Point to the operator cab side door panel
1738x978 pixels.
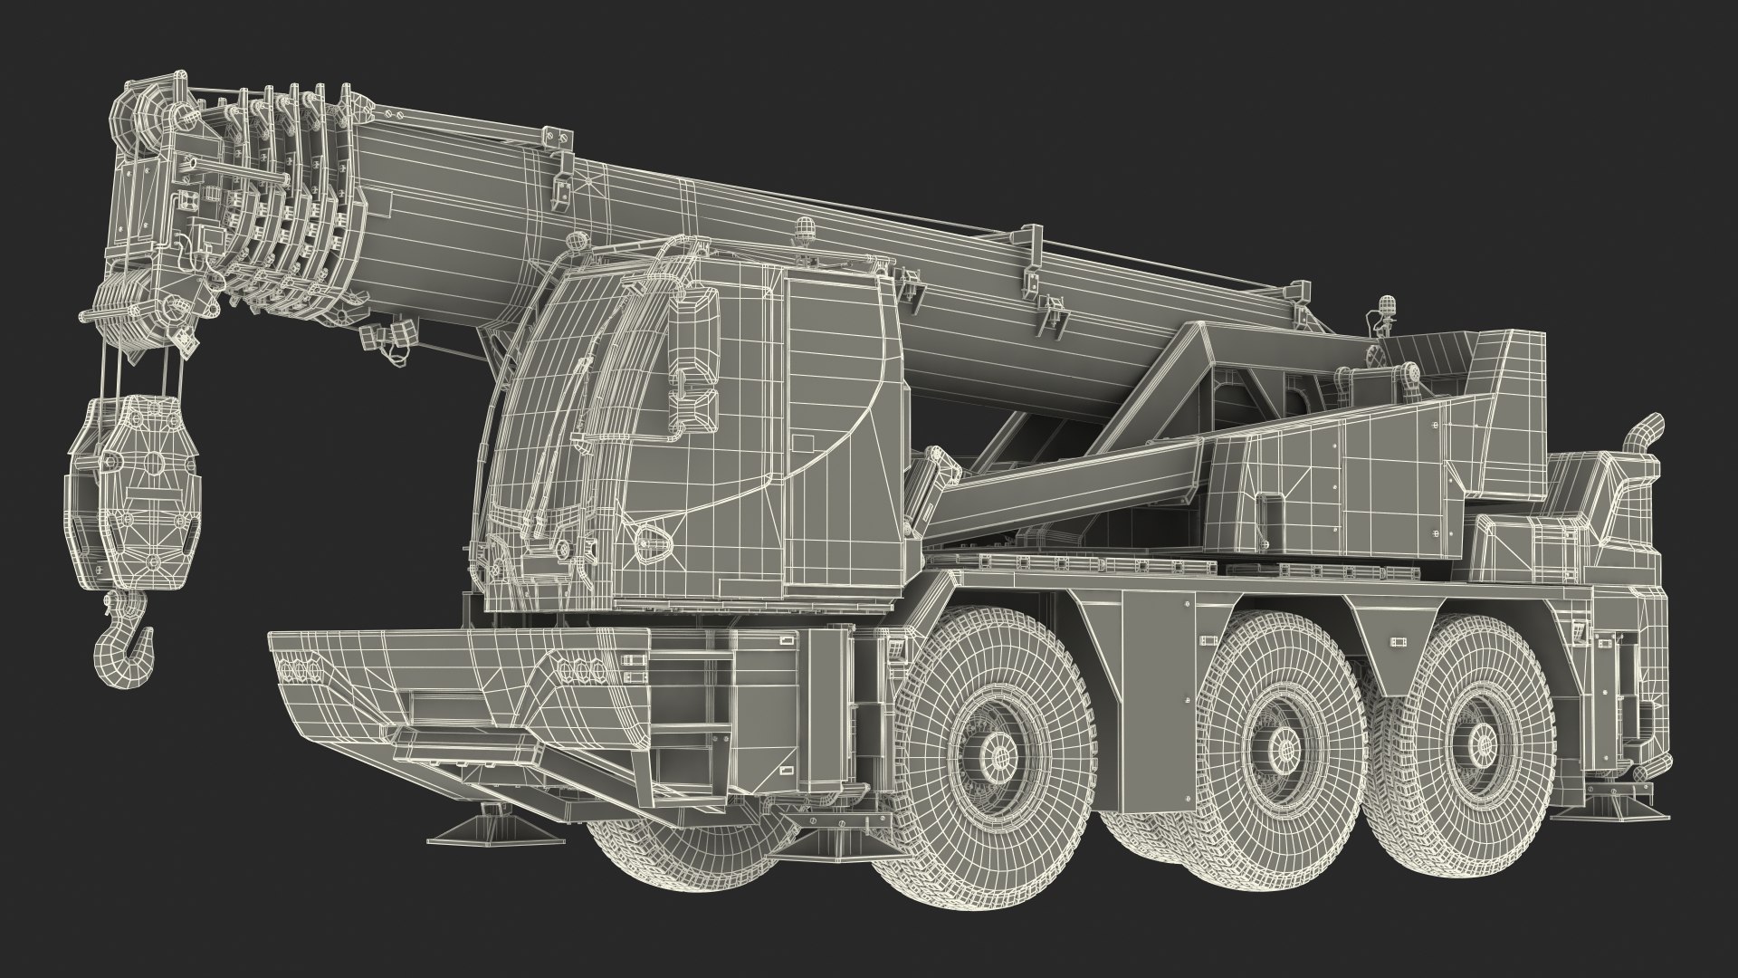(x=833, y=426)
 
